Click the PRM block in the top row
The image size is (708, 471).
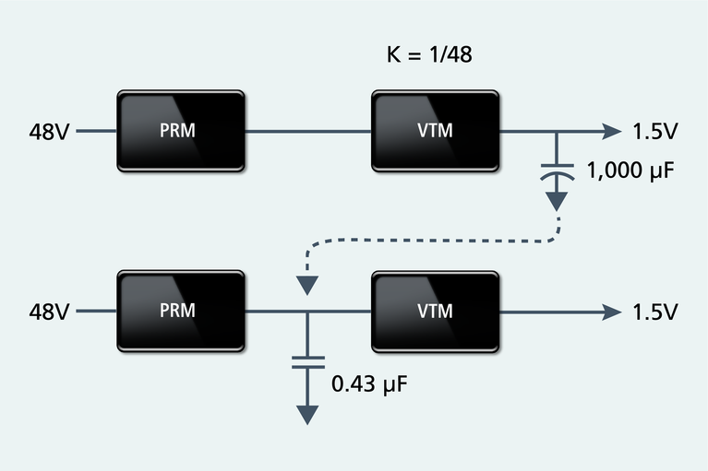pos(181,131)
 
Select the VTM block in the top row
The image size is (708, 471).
pos(435,131)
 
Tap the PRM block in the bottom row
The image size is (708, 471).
pos(181,311)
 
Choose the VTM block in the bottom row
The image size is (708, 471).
pos(435,311)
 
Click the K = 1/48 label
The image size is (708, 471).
pos(429,54)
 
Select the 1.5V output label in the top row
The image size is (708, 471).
pos(655,132)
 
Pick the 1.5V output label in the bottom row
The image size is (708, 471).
pos(655,312)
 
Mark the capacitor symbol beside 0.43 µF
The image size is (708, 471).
pos(305,360)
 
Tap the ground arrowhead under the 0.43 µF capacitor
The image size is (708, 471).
pos(305,415)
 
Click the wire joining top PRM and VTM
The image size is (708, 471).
pos(307,132)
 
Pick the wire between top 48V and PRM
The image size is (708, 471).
pos(96,132)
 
